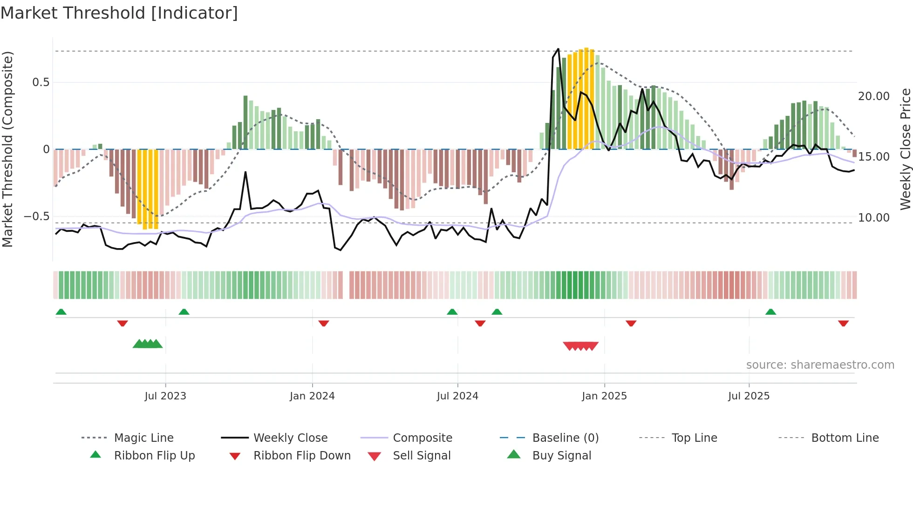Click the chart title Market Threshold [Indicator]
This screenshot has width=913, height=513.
tap(119, 13)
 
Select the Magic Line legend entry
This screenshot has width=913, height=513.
tap(143, 438)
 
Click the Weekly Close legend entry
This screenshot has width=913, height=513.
tap(290, 438)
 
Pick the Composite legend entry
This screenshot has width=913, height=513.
tap(422, 438)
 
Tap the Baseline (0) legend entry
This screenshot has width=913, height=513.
tap(565, 438)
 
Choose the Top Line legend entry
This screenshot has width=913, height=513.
tap(694, 438)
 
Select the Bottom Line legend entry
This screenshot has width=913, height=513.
tap(845, 438)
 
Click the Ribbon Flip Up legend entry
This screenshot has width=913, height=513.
tap(154, 456)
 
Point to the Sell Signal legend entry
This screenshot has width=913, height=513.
tap(422, 456)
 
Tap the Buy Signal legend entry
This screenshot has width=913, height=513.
tap(561, 456)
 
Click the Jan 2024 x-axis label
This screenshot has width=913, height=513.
tap(312, 396)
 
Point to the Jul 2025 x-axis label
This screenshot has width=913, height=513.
tap(749, 396)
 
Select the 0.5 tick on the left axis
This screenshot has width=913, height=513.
tap(41, 82)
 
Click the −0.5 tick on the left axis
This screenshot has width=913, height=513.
tap(37, 216)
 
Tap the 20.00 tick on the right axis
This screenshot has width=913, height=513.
tap(873, 96)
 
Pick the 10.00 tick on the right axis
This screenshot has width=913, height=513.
tap(873, 218)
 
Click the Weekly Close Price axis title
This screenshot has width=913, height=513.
tap(905, 149)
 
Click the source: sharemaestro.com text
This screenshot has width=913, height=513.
tap(820, 365)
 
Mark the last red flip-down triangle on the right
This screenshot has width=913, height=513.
tap(843, 323)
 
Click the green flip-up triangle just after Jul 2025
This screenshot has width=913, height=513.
tap(770, 312)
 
